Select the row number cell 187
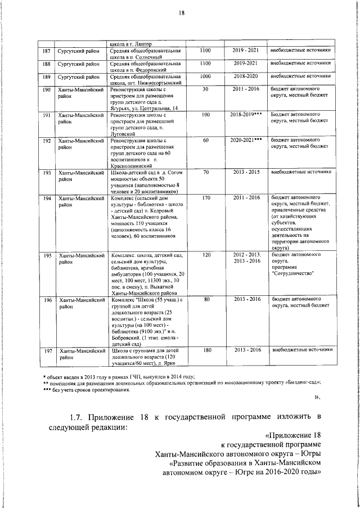point(47,51)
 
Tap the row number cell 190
point(47,89)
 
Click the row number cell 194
point(47,198)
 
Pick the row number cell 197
point(47,350)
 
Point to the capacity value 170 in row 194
point(205,198)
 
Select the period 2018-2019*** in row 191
point(246,115)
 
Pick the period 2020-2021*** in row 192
point(246,139)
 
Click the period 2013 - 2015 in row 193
point(245,172)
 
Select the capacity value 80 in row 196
point(205,299)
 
